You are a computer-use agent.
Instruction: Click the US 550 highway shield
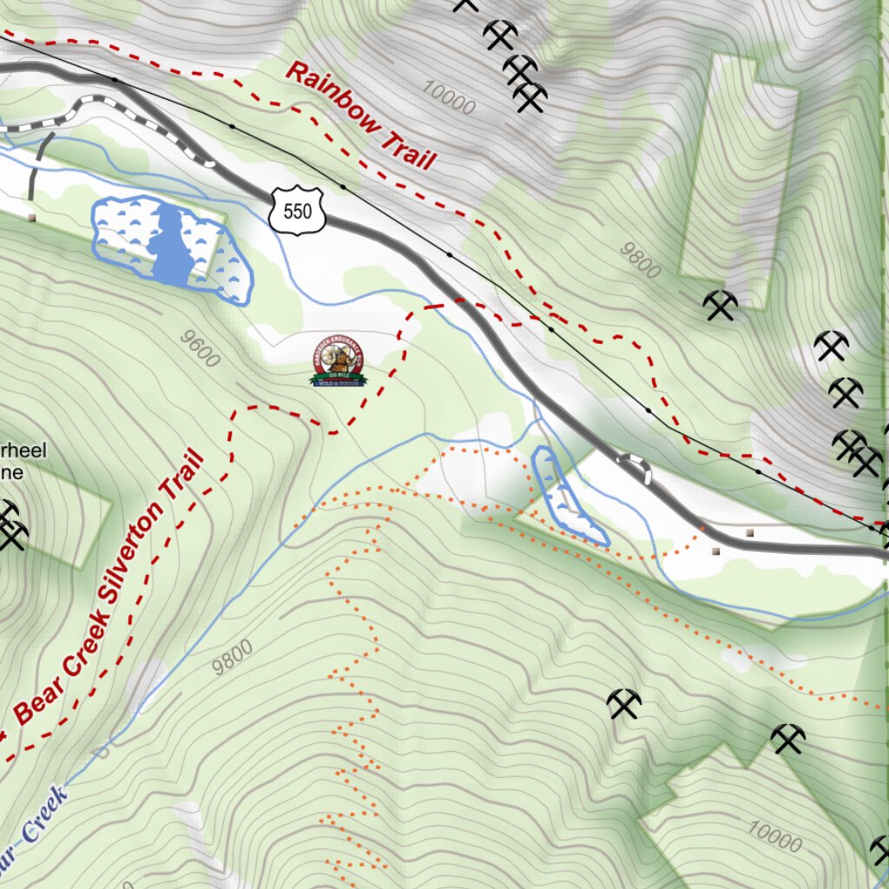(297, 211)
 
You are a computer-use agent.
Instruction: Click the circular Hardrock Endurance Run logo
(338, 361)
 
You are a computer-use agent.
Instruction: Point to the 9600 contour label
(201, 348)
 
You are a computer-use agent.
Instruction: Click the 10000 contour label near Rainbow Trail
(450, 97)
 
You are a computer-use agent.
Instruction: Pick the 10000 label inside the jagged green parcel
(773, 837)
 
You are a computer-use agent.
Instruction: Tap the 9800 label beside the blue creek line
(233, 657)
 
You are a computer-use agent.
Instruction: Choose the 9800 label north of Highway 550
(640, 260)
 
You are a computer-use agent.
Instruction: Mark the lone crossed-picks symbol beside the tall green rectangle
(720, 306)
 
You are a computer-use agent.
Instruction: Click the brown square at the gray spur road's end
(31, 217)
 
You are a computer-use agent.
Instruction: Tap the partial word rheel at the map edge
(26, 450)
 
